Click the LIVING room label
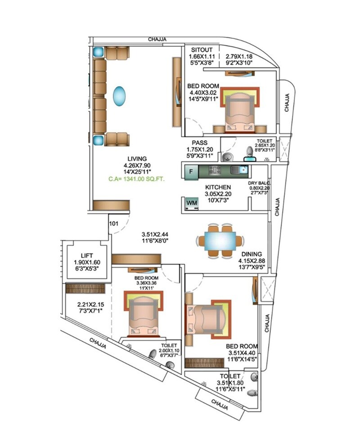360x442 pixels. coord(137,159)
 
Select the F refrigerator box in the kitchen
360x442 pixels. coord(191,171)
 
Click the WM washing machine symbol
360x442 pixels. coord(192,203)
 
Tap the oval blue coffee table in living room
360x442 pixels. coord(119,96)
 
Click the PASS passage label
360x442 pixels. coord(199,143)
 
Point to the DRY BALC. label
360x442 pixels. coord(258,183)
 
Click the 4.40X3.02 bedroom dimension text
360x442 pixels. coord(204,94)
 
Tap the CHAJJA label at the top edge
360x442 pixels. coord(157,40)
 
